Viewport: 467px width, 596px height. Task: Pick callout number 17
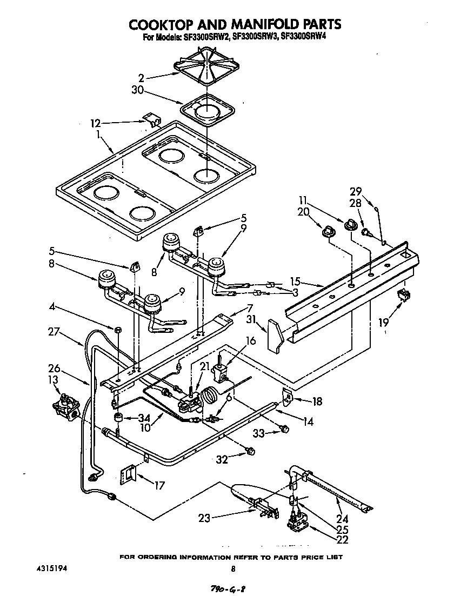coord(158,485)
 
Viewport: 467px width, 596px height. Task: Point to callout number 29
coord(355,191)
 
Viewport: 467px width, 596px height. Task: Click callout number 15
coord(294,281)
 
